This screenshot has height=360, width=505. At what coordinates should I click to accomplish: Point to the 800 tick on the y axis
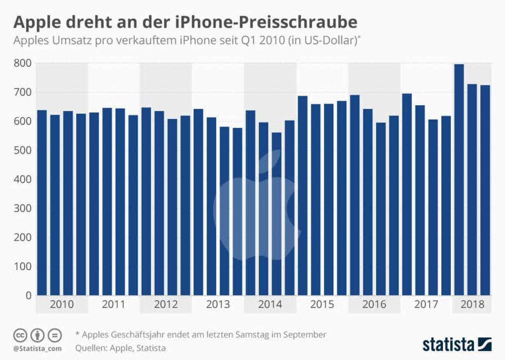point(23,64)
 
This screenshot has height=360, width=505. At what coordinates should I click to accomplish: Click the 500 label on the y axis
point(23,151)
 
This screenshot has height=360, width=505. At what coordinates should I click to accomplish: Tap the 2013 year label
point(218,305)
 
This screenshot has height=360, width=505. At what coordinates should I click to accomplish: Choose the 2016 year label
point(374,305)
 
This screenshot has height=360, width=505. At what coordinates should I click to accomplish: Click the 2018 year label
point(472,305)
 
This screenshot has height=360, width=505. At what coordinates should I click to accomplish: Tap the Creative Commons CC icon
point(20,335)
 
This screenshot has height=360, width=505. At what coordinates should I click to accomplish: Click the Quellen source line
point(120,348)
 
